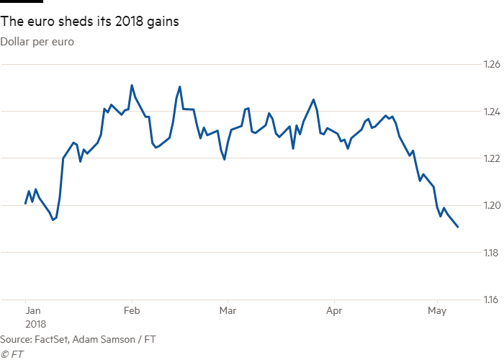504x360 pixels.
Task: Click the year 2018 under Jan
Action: [35, 325]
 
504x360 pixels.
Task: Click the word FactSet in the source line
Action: [50, 338]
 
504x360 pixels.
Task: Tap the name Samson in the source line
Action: [114, 338]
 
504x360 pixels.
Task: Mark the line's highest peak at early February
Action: [132, 85]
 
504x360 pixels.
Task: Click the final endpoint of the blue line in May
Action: [459, 228]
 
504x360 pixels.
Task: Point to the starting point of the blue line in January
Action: [25, 204]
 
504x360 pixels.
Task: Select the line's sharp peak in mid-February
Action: [180, 86]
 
